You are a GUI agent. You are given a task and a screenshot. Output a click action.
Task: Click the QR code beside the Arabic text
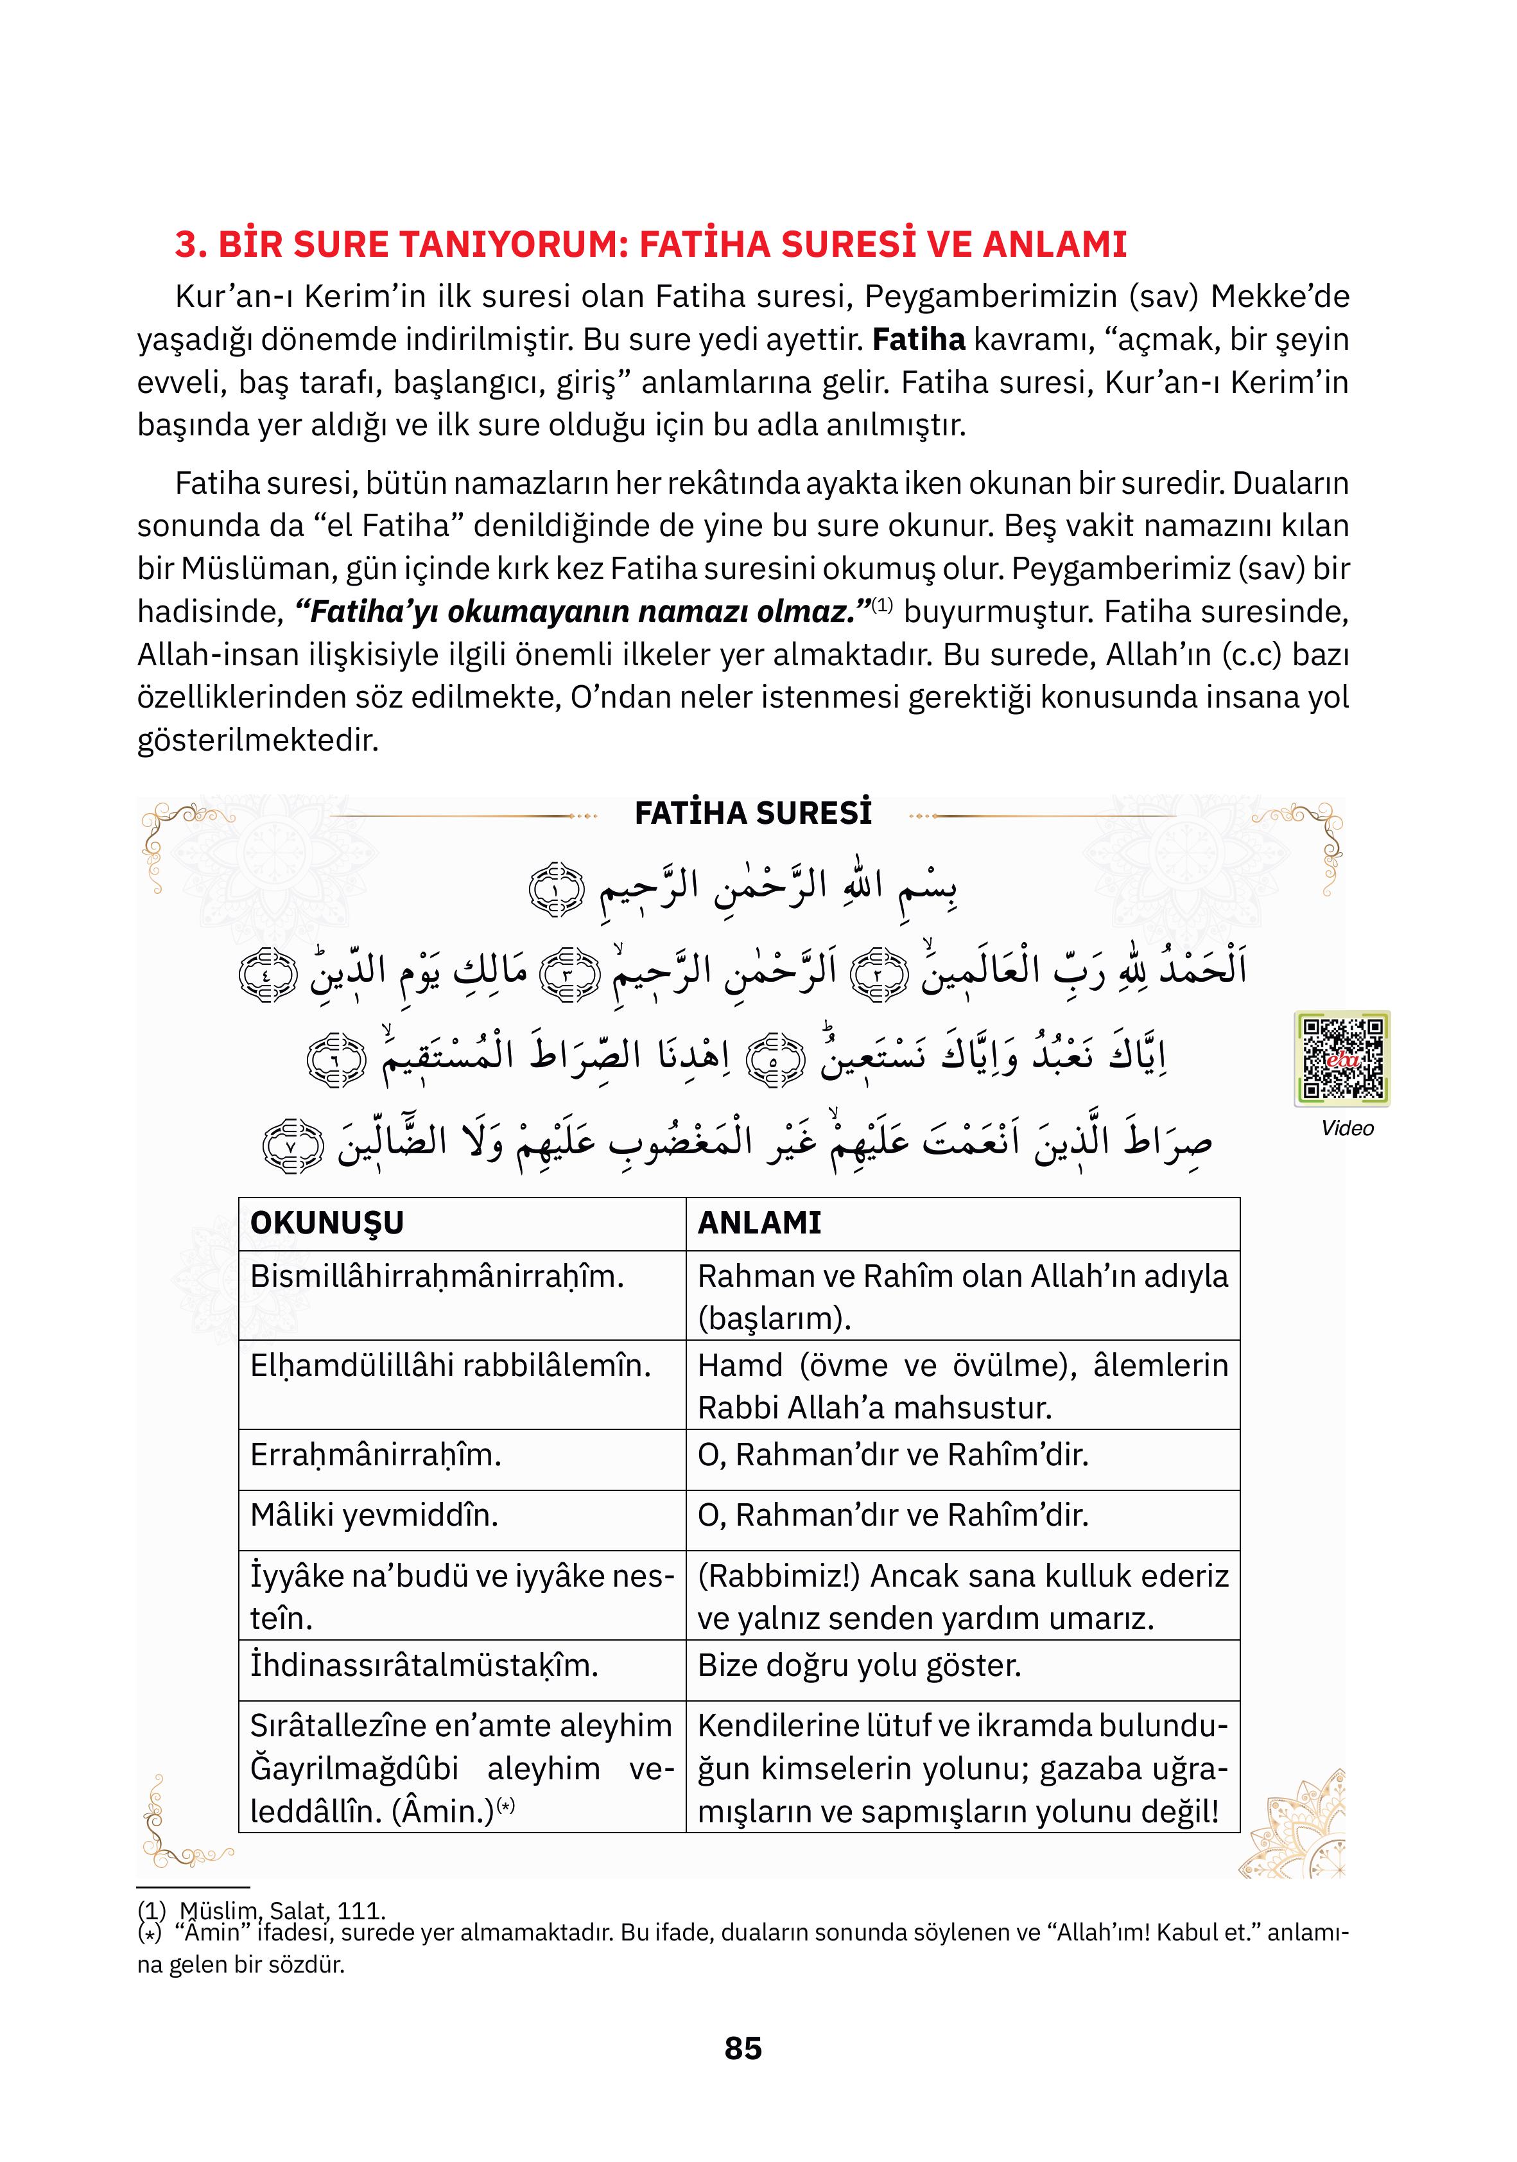click(1341, 1058)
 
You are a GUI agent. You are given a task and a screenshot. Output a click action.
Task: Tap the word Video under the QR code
click(1347, 1128)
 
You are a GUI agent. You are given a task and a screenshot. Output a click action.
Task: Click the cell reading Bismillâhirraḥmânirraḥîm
click(437, 1277)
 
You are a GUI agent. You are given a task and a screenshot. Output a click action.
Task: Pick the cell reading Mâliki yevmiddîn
click(374, 1515)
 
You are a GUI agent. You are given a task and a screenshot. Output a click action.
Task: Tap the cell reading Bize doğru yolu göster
click(859, 1665)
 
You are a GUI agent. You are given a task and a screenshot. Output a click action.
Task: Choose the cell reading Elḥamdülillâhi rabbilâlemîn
click(450, 1365)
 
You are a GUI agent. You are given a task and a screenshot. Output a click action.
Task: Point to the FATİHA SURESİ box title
click(753, 813)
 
